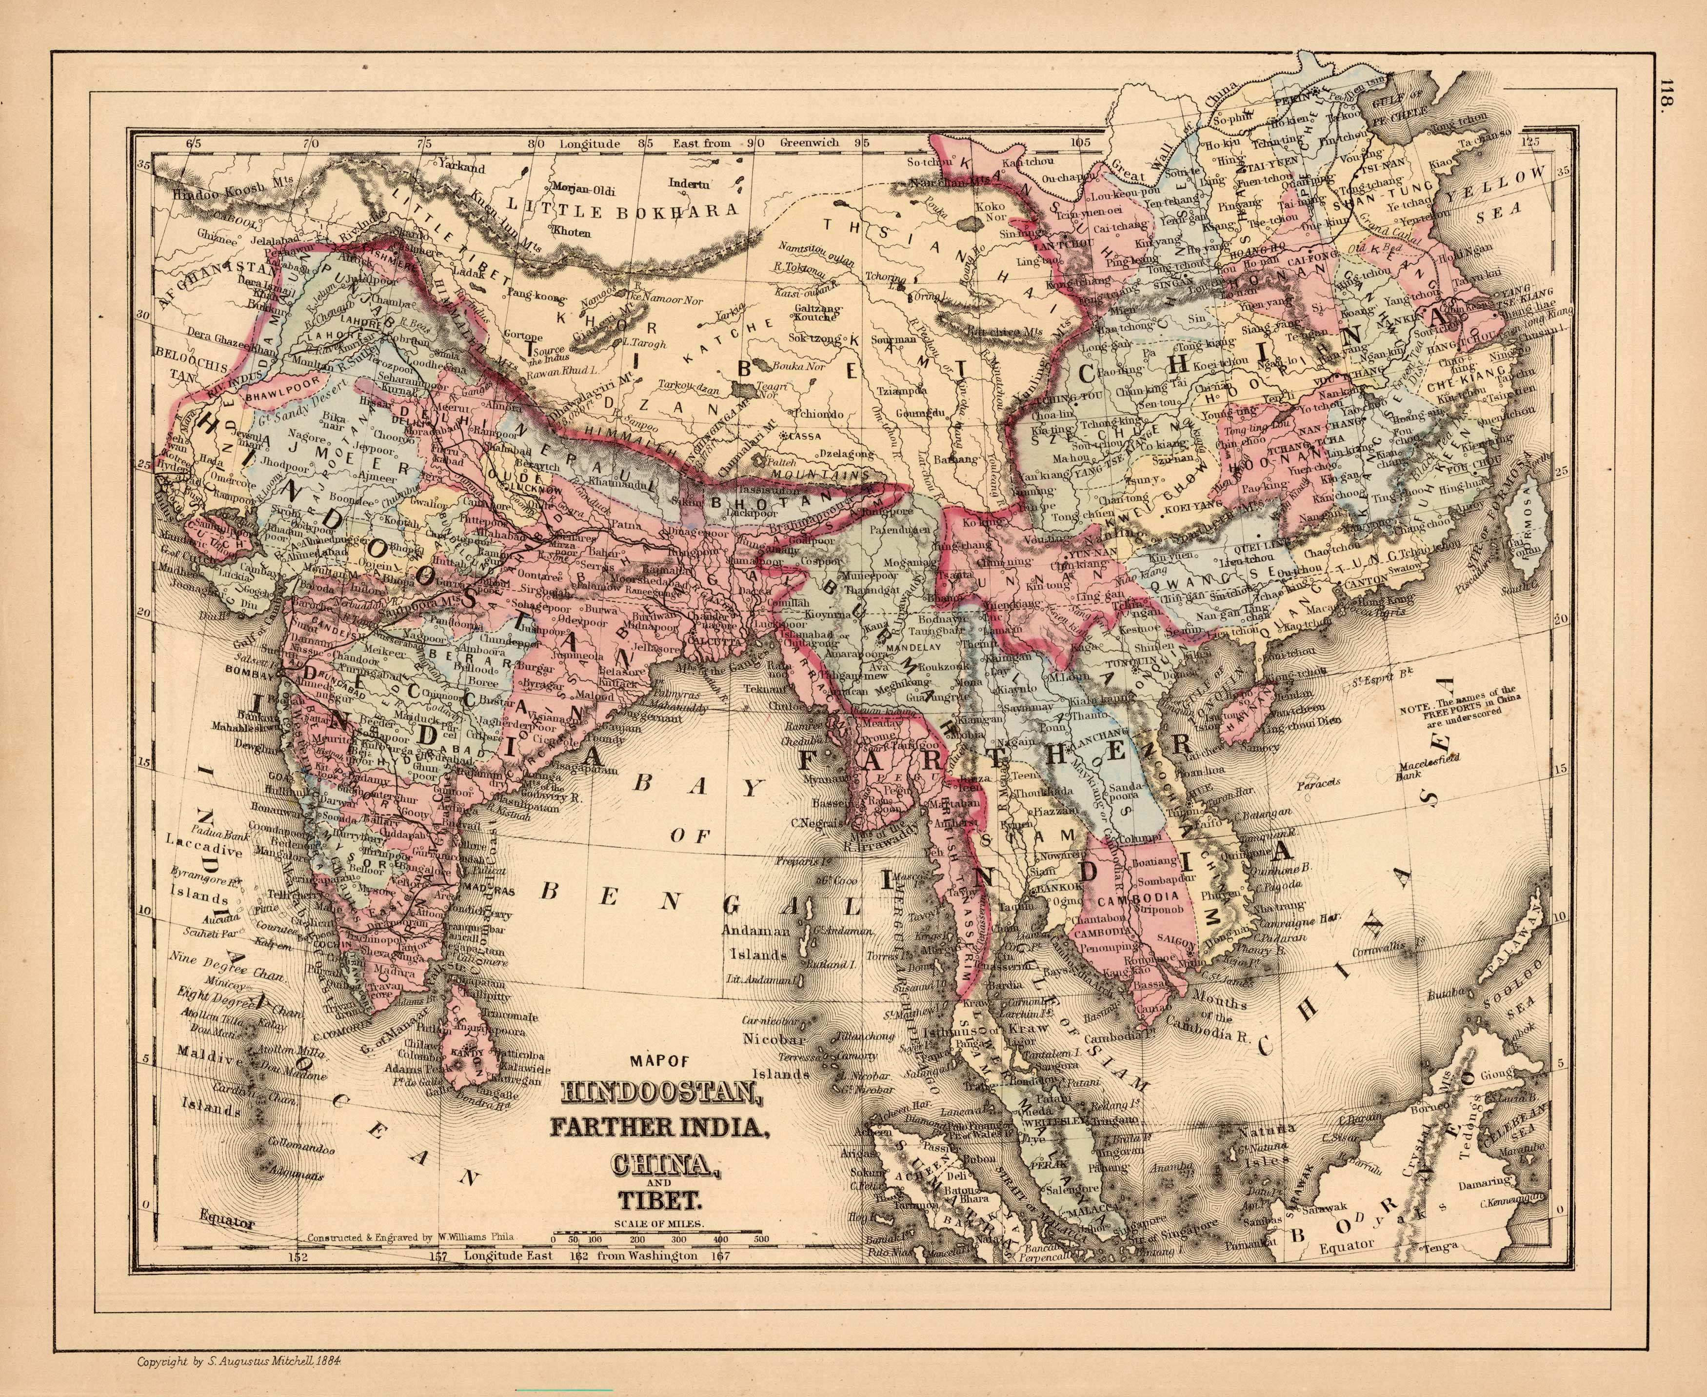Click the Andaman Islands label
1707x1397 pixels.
[754, 945]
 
